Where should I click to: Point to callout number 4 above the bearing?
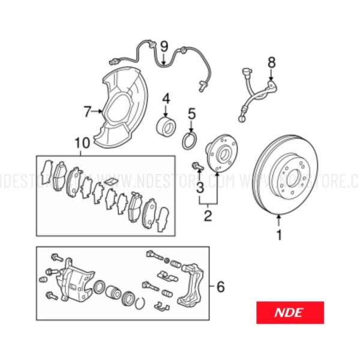click(166, 98)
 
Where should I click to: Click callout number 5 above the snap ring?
click(192, 113)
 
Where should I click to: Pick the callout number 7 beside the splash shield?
click(88, 112)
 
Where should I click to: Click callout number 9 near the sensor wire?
click(164, 47)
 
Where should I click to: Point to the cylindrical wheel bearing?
click(166, 125)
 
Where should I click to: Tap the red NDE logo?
click(290, 313)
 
